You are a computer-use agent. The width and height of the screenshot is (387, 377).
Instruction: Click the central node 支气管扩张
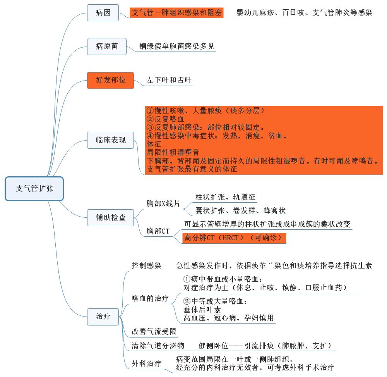click(x=34, y=189)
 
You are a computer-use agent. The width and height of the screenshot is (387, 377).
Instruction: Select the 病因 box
click(x=103, y=12)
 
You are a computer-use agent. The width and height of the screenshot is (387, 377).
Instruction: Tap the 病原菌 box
click(x=107, y=46)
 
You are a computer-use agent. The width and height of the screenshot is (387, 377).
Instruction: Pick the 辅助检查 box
click(x=111, y=217)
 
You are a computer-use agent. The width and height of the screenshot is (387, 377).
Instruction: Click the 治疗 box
click(x=103, y=316)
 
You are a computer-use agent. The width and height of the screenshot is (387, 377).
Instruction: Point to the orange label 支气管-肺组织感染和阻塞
click(x=177, y=12)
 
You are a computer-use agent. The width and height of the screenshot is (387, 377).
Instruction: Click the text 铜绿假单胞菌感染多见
click(x=177, y=46)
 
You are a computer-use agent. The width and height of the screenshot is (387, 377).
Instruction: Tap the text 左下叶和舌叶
click(x=169, y=81)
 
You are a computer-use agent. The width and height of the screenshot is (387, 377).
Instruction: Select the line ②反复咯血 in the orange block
click(x=166, y=119)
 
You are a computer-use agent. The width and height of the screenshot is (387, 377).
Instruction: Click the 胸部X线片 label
click(x=163, y=203)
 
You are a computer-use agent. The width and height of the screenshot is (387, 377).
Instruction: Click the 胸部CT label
click(x=158, y=231)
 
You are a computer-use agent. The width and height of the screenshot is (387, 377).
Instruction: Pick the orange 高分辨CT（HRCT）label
click(x=234, y=238)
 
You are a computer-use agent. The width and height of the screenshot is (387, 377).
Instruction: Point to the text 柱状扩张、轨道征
click(x=226, y=197)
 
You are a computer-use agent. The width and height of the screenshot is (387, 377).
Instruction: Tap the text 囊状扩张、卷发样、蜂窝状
click(x=240, y=211)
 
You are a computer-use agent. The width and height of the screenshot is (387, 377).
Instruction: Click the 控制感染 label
click(x=146, y=266)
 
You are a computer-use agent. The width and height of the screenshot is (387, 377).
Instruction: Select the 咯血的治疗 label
click(x=150, y=298)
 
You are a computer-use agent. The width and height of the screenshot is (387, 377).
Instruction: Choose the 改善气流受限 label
click(x=154, y=331)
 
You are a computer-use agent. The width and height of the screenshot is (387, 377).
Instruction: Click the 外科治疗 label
click(x=146, y=364)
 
